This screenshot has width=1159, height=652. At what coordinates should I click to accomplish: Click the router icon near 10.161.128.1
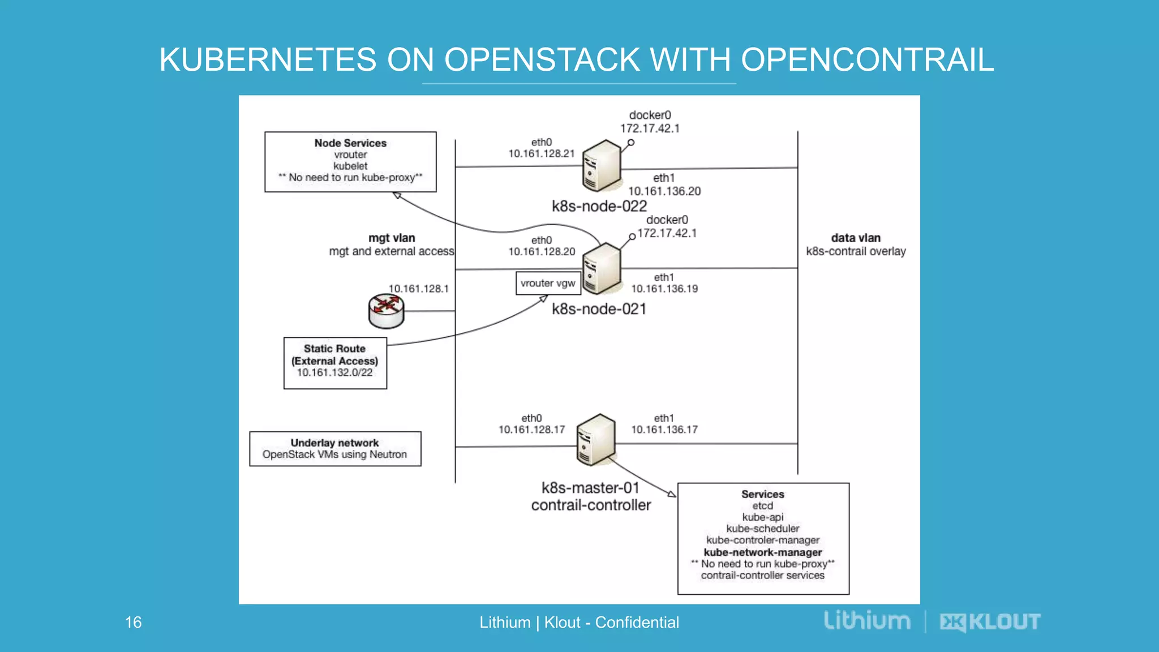[386, 311]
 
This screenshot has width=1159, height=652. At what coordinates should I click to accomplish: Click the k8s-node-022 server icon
[602, 165]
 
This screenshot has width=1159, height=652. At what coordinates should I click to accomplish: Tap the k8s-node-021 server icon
[602, 268]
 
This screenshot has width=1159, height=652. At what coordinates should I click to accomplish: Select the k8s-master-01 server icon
[596, 440]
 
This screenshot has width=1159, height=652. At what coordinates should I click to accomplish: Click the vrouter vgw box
[548, 283]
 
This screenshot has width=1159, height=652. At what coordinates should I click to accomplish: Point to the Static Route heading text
[334, 349]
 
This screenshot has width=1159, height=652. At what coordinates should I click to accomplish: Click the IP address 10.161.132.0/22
[334, 372]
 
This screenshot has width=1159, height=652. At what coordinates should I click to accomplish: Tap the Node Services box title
[350, 143]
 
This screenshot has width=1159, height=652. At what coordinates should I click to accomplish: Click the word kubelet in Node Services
[350, 166]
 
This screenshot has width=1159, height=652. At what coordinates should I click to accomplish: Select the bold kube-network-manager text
[762, 552]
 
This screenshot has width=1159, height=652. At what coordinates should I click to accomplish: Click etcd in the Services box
[762, 505]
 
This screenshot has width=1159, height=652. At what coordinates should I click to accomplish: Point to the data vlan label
[855, 238]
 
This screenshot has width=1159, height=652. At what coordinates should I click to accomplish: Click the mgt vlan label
[392, 238]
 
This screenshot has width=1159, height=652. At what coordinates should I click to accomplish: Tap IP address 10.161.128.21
[541, 153]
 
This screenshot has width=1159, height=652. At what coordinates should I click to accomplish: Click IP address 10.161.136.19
[664, 289]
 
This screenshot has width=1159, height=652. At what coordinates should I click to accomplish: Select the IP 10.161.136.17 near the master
[664, 430]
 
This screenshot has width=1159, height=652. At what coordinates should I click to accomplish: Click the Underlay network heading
[334, 443]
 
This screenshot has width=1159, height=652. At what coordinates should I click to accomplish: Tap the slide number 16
[133, 622]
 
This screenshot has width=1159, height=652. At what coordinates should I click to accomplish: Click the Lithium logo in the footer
[866, 621]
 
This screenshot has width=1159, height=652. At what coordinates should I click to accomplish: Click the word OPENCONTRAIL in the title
[867, 59]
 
